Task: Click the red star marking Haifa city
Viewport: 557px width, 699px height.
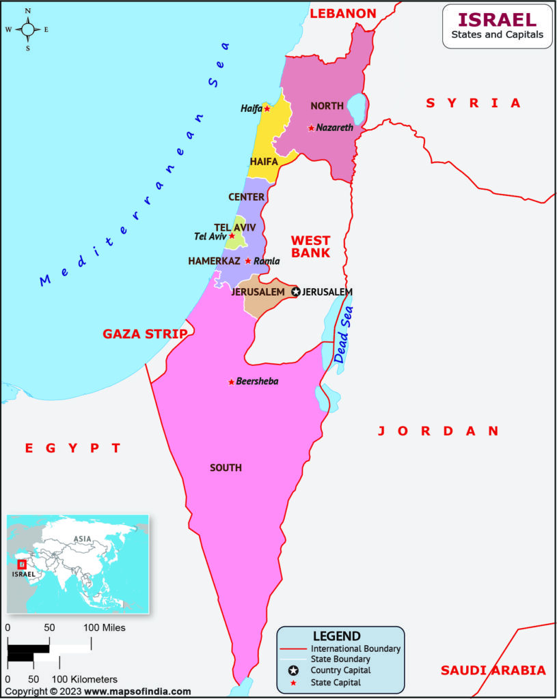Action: (267, 109)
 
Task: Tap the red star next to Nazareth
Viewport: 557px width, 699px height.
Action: (311, 128)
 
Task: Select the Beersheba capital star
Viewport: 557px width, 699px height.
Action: (231, 382)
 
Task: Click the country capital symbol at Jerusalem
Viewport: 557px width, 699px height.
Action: (296, 291)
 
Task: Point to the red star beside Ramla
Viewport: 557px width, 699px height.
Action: (248, 261)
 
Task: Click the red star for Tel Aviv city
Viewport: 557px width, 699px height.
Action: (232, 236)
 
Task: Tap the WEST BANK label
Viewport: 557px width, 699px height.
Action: (310, 246)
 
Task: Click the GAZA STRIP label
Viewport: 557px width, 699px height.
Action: (145, 334)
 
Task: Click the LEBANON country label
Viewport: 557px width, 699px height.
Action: (343, 14)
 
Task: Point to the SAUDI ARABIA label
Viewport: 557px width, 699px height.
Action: (493, 670)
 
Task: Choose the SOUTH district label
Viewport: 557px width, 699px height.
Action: (226, 468)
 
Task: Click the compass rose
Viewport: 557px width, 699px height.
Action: (28, 29)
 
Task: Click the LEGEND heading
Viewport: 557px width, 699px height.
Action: (336, 636)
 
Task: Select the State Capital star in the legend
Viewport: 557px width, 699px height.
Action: (293, 682)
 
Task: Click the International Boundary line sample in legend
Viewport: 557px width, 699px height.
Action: (293, 648)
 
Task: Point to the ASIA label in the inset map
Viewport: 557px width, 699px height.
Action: (83, 539)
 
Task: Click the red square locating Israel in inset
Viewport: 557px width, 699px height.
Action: (22, 565)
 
